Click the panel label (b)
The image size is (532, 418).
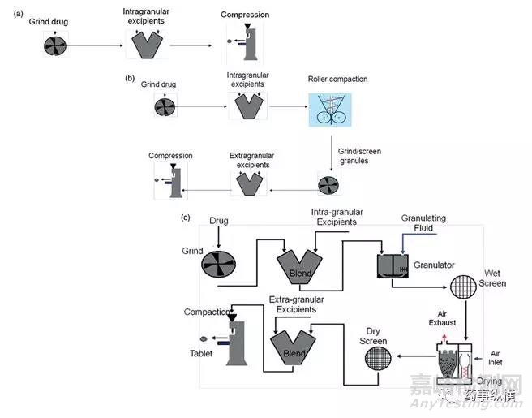[x=129, y=79]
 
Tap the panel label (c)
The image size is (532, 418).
[x=186, y=218]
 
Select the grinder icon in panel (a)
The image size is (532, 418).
[x=54, y=45]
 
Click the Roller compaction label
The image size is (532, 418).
[x=337, y=79]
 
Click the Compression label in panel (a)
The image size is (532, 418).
[x=244, y=15]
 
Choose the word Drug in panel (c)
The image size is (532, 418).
[x=219, y=221]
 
